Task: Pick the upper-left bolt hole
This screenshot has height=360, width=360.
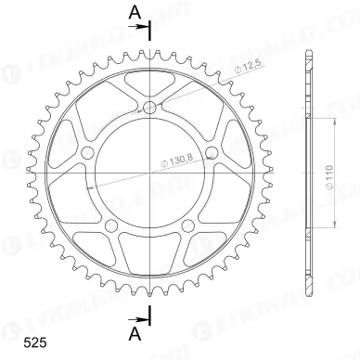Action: [x=89, y=154]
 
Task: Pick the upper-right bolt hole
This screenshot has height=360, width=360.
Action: [x=212, y=154]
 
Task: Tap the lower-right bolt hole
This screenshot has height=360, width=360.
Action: [x=189, y=225]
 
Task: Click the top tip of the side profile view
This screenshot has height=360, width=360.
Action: [x=307, y=46]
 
